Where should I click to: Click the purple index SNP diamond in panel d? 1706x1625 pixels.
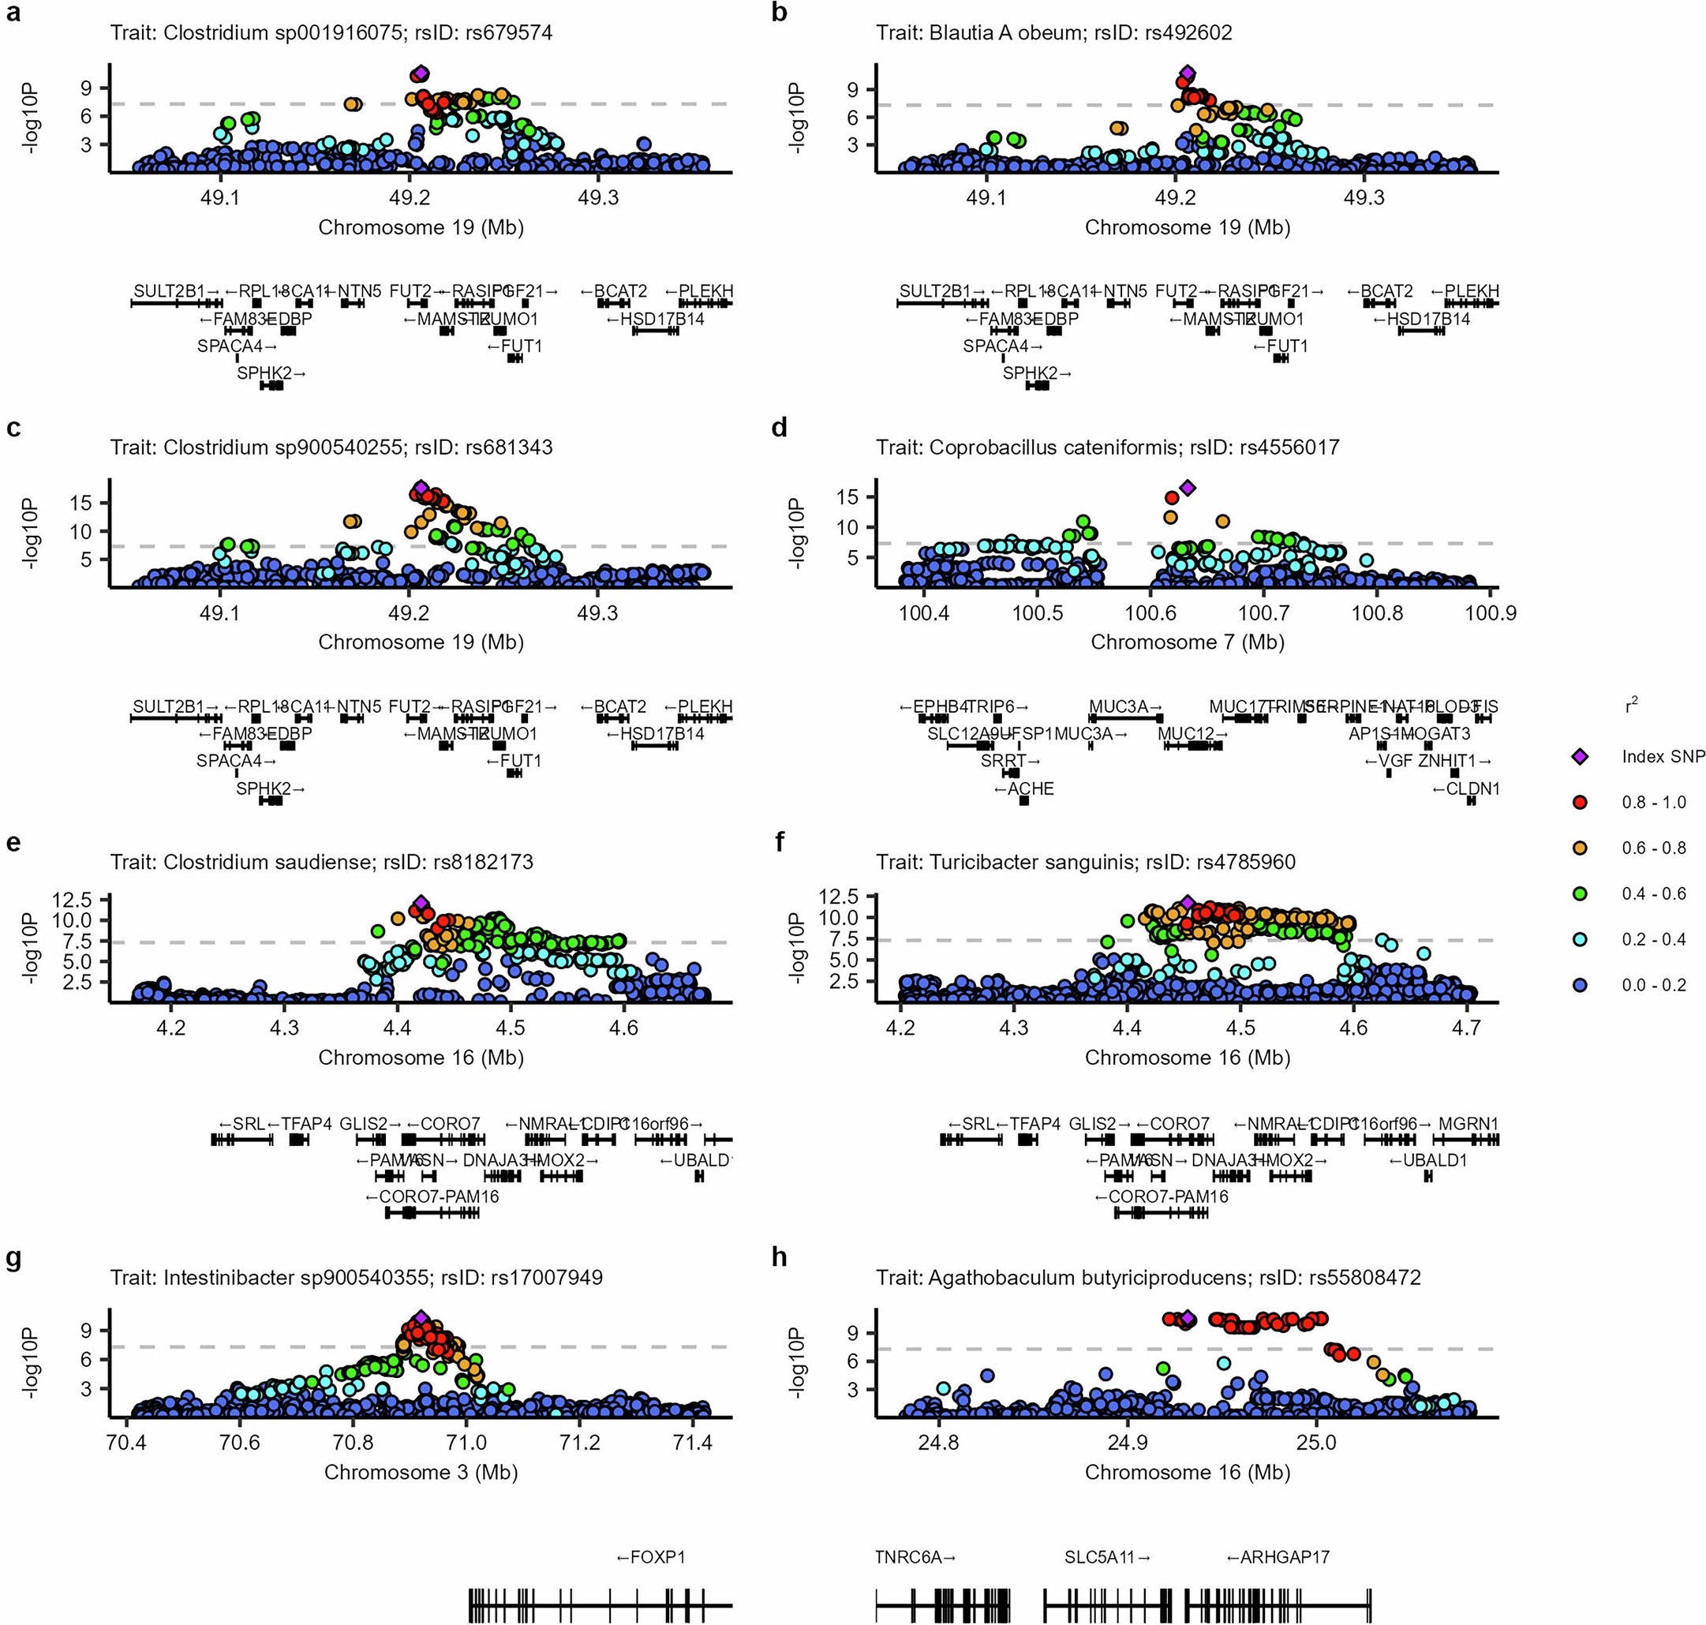click(1188, 488)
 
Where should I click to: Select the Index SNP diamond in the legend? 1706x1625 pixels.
click(1581, 757)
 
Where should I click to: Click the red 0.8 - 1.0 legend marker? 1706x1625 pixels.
click(1581, 803)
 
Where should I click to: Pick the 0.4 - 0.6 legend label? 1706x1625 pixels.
click(1653, 894)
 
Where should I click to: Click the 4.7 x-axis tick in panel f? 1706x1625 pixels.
click(1467, 1029)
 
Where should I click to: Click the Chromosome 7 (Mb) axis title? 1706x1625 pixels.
click(1188, 642)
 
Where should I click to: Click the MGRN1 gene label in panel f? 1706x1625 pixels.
click(1468, 1125)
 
